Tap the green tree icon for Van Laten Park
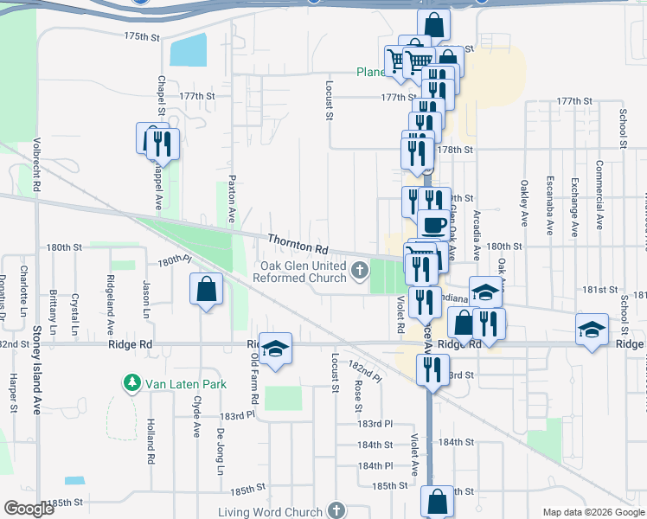(x=131, y=381)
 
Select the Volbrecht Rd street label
(x=37, y=163)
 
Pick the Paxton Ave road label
(x=231, y=198)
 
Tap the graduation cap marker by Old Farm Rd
(x=276, y=349)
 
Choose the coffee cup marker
(x=434, y=225)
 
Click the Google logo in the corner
(x=29, y=509)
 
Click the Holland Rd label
(x=150, y=442)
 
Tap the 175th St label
(x=143, y=37)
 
